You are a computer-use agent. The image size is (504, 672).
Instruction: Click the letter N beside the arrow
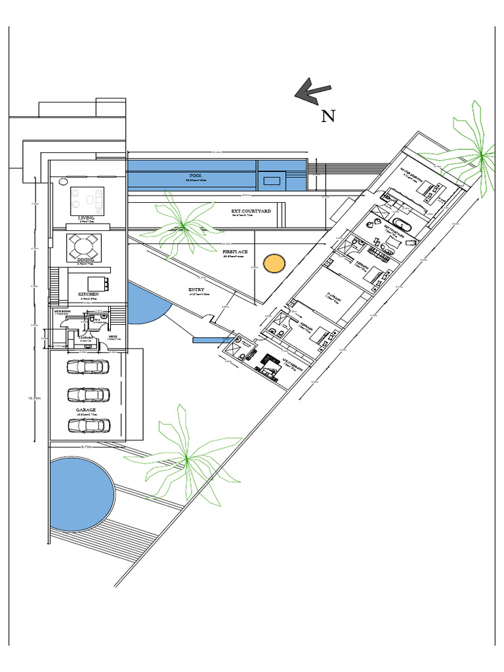coord(328,116)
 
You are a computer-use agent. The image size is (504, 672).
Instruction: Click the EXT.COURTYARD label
coord(251,211)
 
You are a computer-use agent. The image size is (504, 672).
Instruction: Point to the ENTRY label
coord(196,289)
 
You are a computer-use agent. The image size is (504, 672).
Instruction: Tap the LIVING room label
coord(87,217)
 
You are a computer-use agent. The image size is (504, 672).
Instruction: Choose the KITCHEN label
coord(89,294)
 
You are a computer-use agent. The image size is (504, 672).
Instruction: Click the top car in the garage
coord(88,367)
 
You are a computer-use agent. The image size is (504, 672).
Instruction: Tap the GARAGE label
coord(86,409)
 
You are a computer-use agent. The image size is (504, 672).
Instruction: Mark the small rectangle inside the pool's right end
coord(272,178)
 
